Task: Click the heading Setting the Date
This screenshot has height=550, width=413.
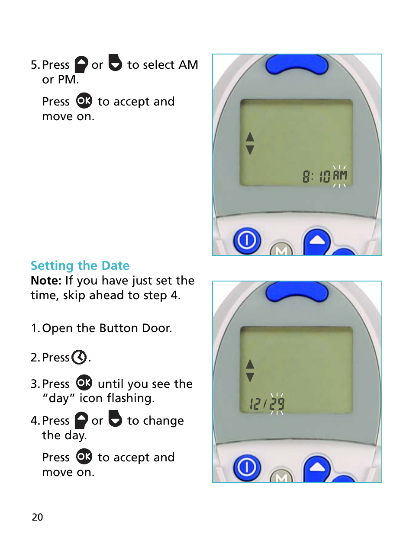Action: point(80,265)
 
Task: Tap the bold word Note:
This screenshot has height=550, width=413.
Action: point(46,281)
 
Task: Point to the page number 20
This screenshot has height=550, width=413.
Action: point(38,517)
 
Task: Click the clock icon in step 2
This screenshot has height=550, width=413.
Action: point(79,357)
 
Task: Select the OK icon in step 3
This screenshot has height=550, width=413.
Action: point(84,383)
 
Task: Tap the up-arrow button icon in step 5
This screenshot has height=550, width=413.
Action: point(81,64)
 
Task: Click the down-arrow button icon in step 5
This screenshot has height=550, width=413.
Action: point(115,63)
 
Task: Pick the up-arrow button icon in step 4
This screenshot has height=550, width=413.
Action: point(81,420)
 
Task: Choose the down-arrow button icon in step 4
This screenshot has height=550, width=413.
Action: point(115,419)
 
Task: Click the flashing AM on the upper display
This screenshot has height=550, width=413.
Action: point(340,176)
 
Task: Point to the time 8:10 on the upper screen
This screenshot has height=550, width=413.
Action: point(316,176)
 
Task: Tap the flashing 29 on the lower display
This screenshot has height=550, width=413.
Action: point(277,404)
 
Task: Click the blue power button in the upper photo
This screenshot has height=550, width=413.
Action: point(247,240)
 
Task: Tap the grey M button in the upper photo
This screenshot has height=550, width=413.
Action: point(281,249)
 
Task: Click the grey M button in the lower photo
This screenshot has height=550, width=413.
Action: point(281,477)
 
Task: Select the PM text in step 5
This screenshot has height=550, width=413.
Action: point(67,80)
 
